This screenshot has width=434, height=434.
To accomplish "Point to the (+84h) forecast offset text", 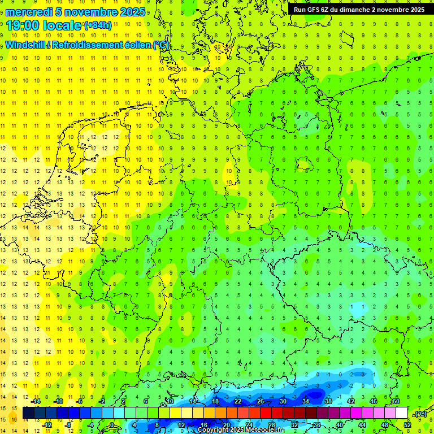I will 97,25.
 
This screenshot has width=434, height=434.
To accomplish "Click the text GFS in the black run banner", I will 315,10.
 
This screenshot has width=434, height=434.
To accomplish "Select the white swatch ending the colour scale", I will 401,413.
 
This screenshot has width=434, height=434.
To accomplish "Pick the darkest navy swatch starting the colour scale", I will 28,413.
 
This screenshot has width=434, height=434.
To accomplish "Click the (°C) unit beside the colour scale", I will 420,414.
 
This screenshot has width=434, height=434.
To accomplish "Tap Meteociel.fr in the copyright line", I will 260,430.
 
